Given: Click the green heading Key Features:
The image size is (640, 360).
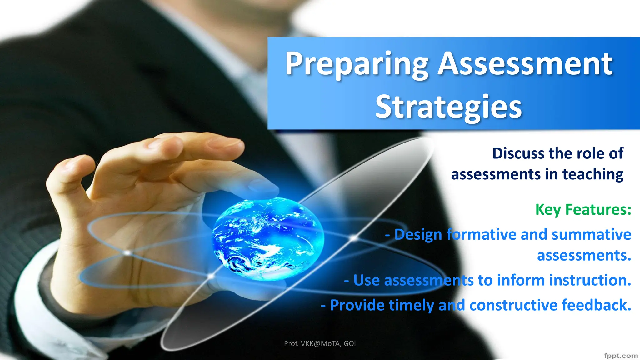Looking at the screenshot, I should point(583,210).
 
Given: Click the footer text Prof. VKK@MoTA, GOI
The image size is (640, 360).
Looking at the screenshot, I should point(320,344).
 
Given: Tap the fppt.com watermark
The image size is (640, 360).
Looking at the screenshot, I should point(621,356).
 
